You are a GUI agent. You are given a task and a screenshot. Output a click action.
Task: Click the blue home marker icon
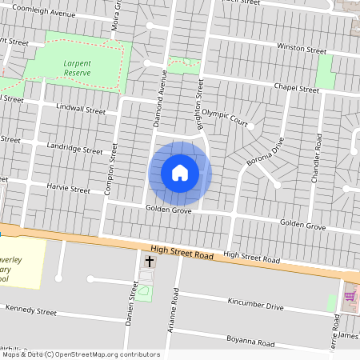tap(180, 173)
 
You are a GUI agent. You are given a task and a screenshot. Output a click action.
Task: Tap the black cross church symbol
tap(149, 262)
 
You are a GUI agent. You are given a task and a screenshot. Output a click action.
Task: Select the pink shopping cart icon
tap(349, 296)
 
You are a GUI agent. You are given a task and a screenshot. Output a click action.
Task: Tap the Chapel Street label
tap(296, 89)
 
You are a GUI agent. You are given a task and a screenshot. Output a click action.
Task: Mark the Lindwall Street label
tap(81, 108)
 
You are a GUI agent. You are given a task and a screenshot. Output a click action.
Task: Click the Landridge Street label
tap(75, 149)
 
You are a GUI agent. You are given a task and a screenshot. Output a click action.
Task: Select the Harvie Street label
tap(67, 190)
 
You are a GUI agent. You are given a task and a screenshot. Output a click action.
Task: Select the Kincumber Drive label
tap(255, 306)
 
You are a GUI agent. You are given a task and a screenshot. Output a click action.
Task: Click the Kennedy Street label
tap(30, 310)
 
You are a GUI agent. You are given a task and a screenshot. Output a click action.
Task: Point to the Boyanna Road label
tap(250, 342)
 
